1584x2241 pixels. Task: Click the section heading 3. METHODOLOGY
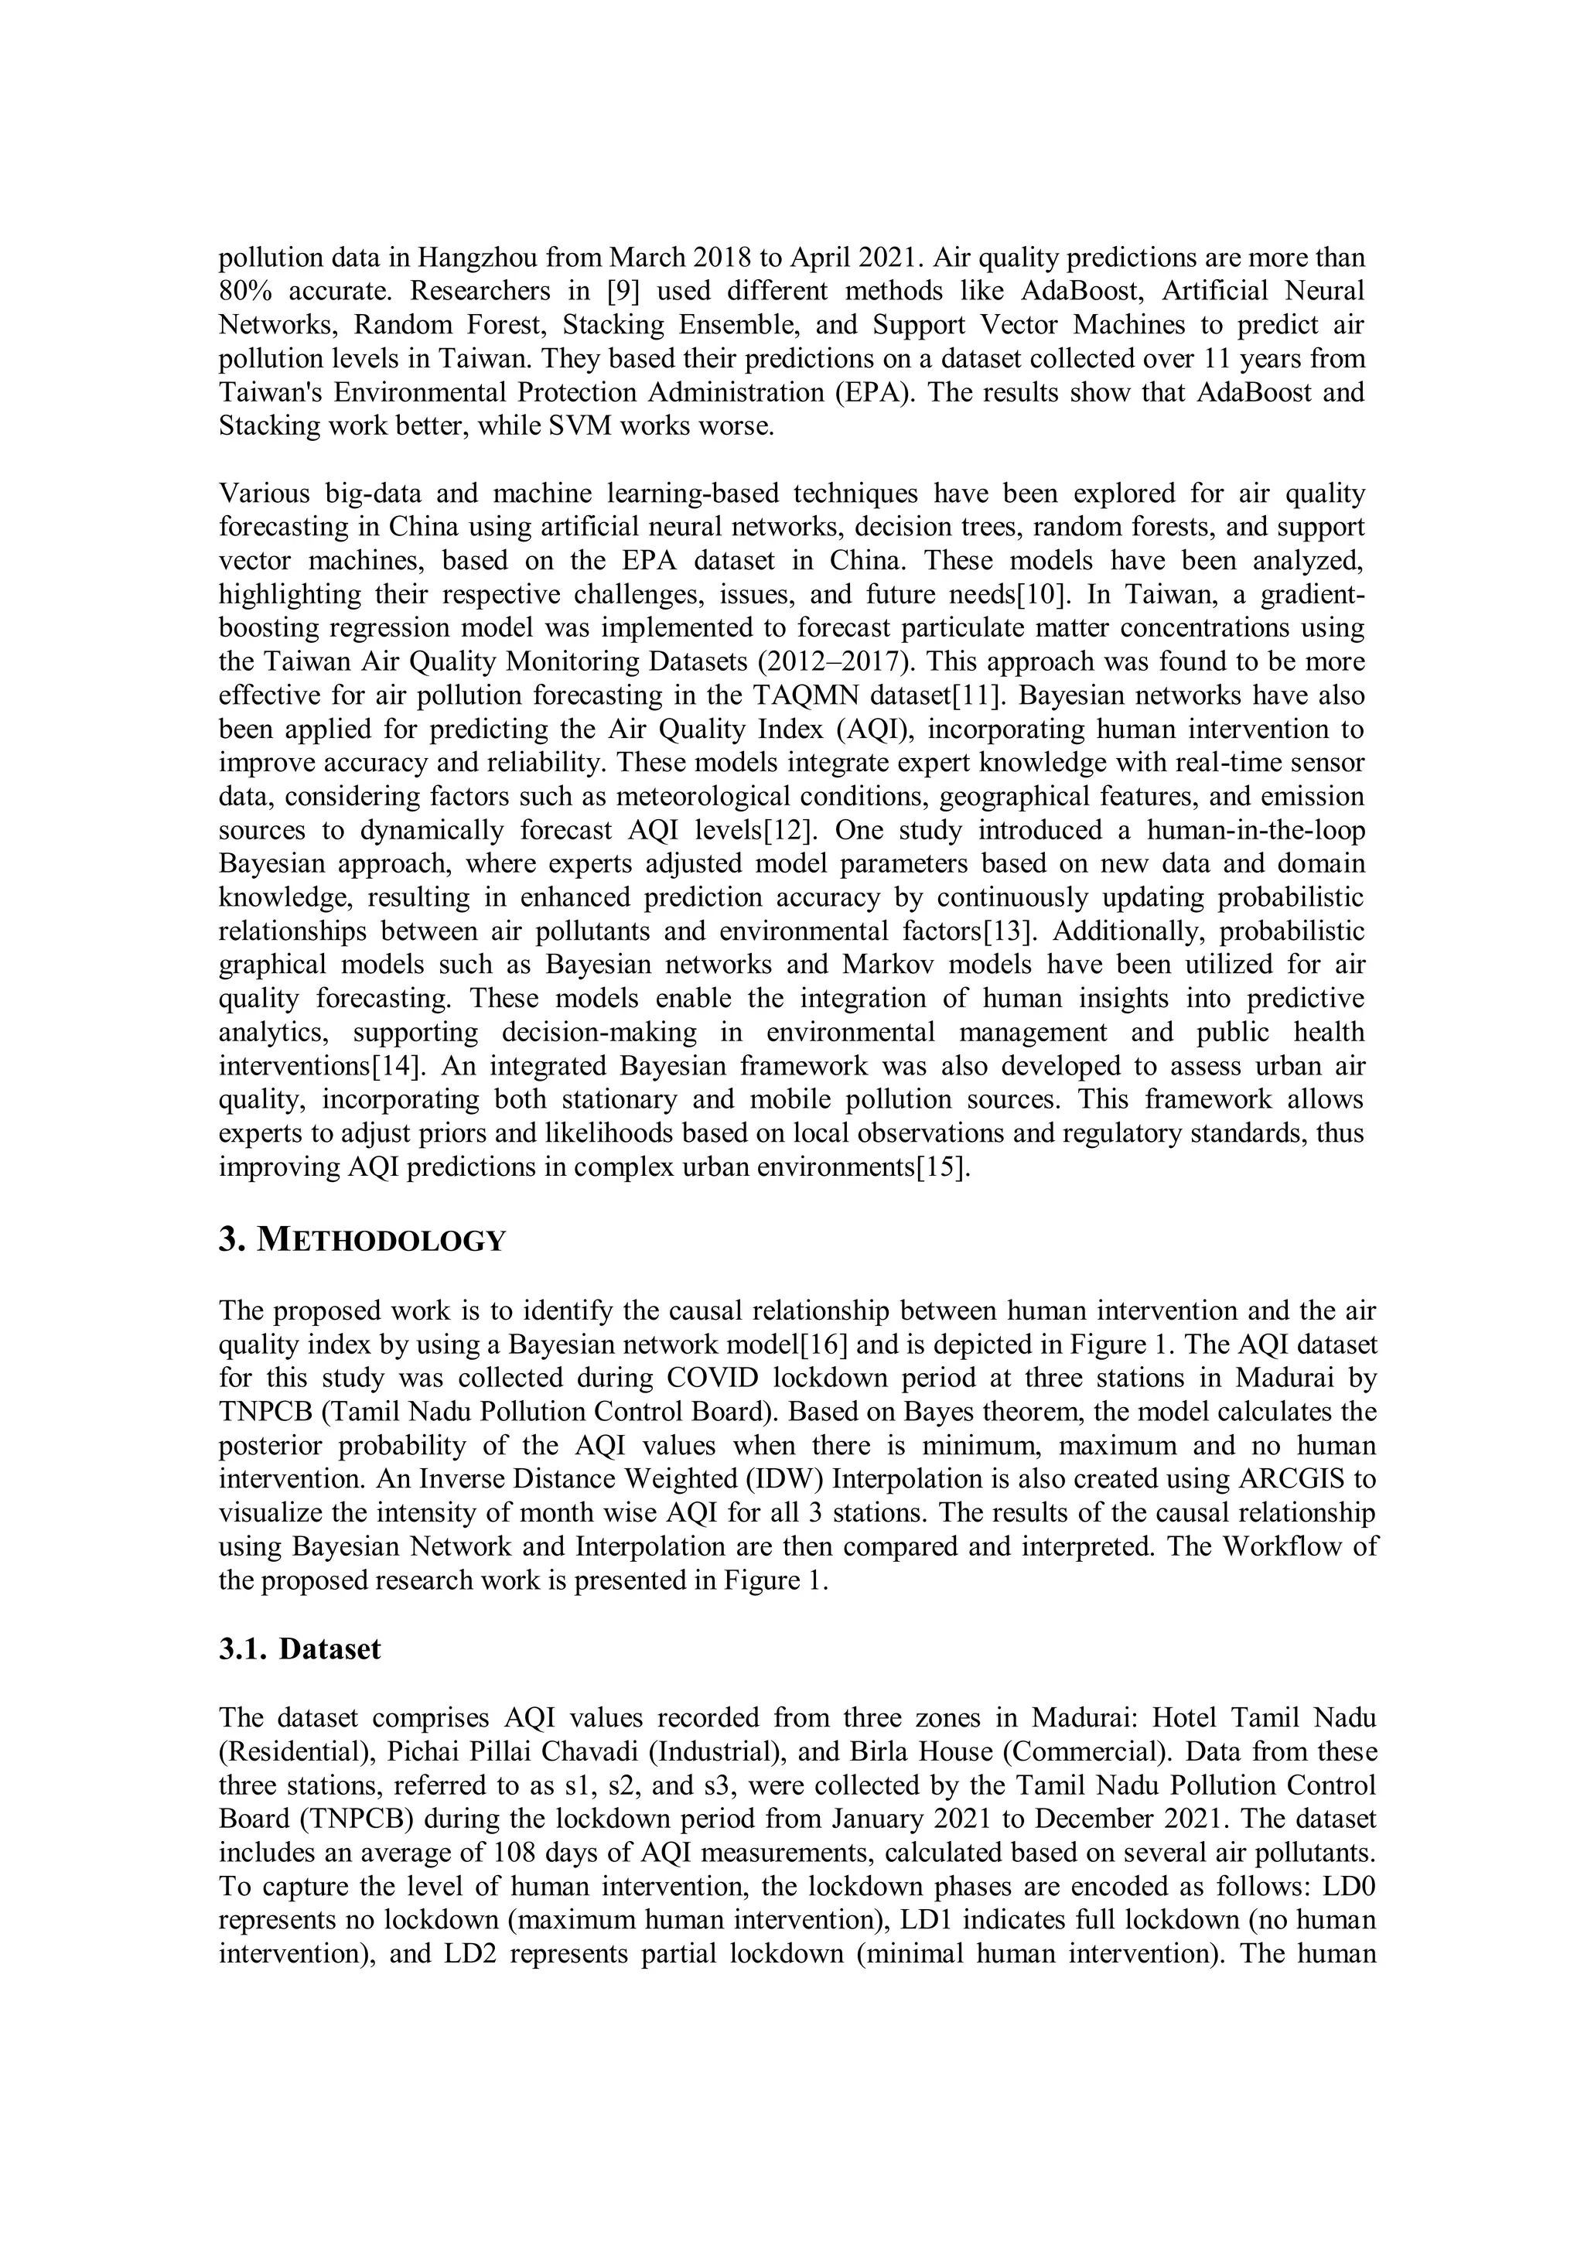point(362,1241)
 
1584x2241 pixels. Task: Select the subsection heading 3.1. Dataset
point(299,1648)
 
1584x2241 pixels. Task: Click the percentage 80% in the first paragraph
point(246,291)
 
